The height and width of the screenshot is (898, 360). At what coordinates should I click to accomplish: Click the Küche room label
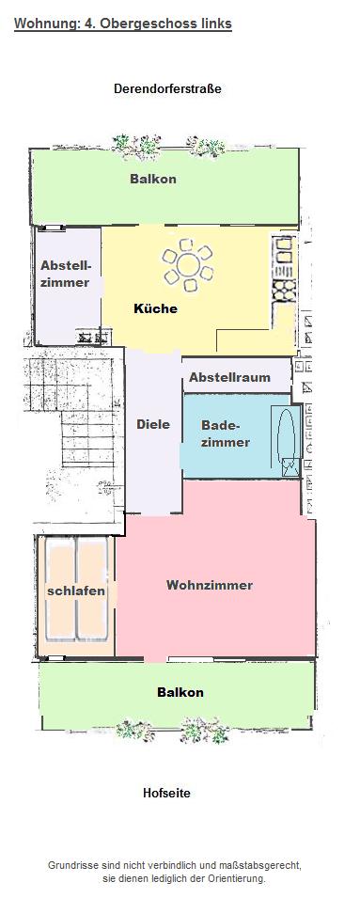[x=155, y=308]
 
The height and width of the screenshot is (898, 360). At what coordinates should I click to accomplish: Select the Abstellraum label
[x=229, y=377]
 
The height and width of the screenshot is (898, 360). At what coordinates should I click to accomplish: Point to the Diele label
[x=153, y=424]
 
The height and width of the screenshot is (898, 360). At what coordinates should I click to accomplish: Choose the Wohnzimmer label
[x=210, y=585]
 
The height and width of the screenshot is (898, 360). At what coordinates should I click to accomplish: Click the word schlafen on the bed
[x=76, y=591]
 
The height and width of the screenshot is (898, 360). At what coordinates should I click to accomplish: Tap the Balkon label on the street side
[x=153, y=179]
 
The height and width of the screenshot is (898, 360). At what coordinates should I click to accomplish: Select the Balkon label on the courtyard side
[x=180, y=692]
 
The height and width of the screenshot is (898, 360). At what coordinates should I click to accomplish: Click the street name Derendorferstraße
[x=167, y=88]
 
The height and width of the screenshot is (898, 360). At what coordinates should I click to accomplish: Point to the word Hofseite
[x=166, y=794]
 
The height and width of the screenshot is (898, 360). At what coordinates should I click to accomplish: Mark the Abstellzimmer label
[x=65, y=274]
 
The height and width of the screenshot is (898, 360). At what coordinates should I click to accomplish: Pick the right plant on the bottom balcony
[x=204, y=731]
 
